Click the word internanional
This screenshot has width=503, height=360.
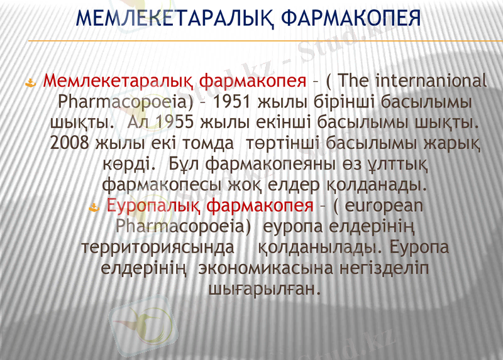click(x=431, y=81)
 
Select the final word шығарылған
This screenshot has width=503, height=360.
click(x=264, y=288)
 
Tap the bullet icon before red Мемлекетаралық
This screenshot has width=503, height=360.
click(x=30, y=82)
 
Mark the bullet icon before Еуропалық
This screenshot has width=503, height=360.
click(x=95, y=207)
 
